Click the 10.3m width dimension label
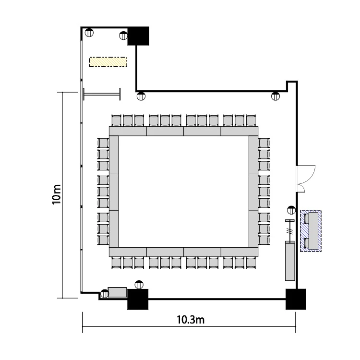point(191,320)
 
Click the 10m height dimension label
point(56,194)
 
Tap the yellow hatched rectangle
point(108,62)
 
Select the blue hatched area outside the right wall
point(311,231)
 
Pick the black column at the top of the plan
point(138,36)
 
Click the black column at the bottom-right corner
point(296,299)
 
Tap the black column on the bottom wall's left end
point(138,299)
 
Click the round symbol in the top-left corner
point(89,33)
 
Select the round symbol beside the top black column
point(123,36)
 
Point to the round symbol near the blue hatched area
point(291,210)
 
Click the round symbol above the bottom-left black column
point(139,285)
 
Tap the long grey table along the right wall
point(290,261)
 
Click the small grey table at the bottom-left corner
point(117,292)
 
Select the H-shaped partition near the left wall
point(102,94)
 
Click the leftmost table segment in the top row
point(128,131)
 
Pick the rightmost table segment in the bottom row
point(240,252)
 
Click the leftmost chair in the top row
point(116,120)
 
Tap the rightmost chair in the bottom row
point(251,263)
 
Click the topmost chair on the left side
point(103,143)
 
